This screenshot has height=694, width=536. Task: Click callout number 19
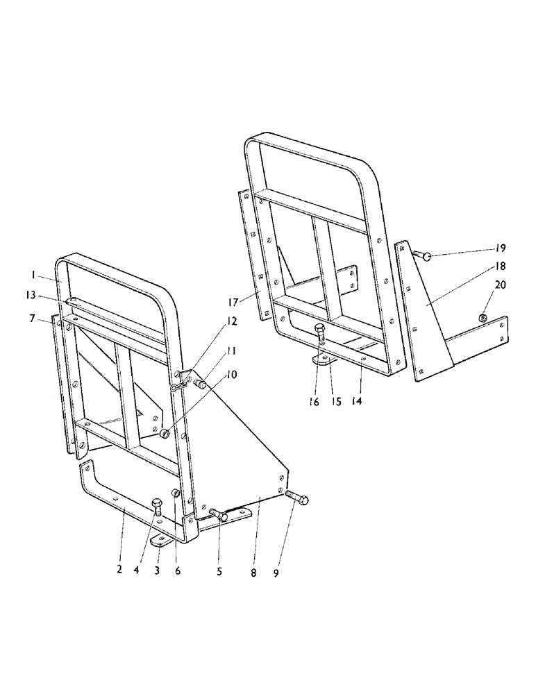(x=501, y=248)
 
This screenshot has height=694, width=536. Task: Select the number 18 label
(x=501, y=266)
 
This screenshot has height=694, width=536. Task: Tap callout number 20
(x=501, y=285)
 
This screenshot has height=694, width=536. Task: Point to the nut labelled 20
(x=483, y=318)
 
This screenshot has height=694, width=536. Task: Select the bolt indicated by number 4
(x=157, y=507)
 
